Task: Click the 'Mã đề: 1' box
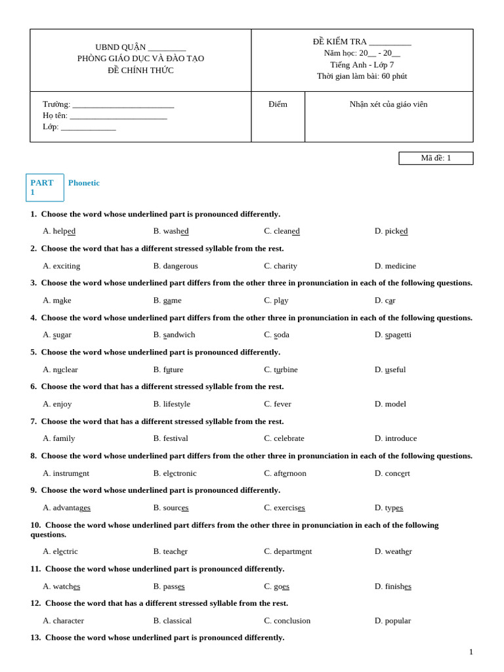436,158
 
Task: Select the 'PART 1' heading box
45,187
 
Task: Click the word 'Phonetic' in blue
84,183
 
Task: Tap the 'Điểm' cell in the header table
278,104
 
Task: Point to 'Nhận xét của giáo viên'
388,104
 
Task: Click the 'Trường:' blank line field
123,104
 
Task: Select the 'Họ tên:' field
118,115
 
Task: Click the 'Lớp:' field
88,127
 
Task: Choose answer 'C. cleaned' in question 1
282,231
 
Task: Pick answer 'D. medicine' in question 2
395,266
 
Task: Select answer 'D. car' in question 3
385,301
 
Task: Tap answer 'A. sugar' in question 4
57,335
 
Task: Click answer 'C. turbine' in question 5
281,369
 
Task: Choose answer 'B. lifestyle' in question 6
171,404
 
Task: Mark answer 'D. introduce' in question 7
395,438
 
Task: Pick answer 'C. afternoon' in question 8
285,473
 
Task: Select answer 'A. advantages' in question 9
66,508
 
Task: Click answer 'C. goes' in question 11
276,586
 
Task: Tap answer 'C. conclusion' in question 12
287,621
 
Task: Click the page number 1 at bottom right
471,652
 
